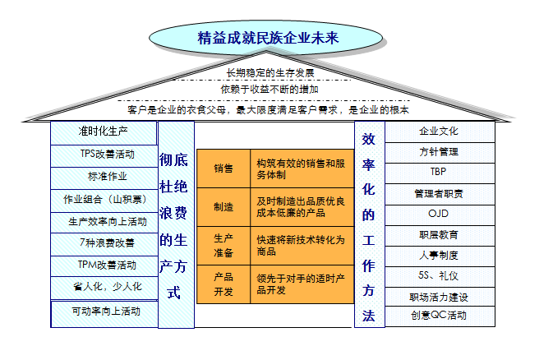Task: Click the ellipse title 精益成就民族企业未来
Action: pyautogui.click(x=268, y=38)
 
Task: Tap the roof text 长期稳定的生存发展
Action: pyautogui.click(x=270, y=73)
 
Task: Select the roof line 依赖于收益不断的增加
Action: pyautogui.click(x=270, y=90)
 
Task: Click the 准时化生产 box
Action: pyautogui.click(x=104, y=132)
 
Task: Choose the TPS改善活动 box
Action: pyautogui.click(x=104, y=155)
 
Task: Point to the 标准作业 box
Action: pyautogui.click(x=104, y=178)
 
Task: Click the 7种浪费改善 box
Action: pyautogui.click(x=104, y=244)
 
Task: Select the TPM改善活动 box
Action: pyautogui.click(x=104, y=266)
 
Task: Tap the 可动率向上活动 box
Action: pyautogui.click(x=104, y=314)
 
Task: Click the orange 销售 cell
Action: pyautogui.click(x=224, y=168)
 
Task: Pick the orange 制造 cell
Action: pyautogui.click(x=224, y=207)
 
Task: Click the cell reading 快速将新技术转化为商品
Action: pyautogui.click(x=302, y=246)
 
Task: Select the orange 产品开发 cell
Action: pyautogui.click(x=224, y=284)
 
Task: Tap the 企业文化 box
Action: pyautogui.click(x=440, y=132)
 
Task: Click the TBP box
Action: pyautogui.click(x=440, y=173)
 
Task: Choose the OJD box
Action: pyautogui.click(x=440, y=215)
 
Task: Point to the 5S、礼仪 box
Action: pyautogui.click(x=440, y=277)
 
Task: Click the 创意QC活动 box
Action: pyautogui.click(x=440, y=316)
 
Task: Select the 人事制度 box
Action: pyautogui.click(x=440, y=256)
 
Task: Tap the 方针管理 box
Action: pyautogui.click(x=440, y=153)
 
